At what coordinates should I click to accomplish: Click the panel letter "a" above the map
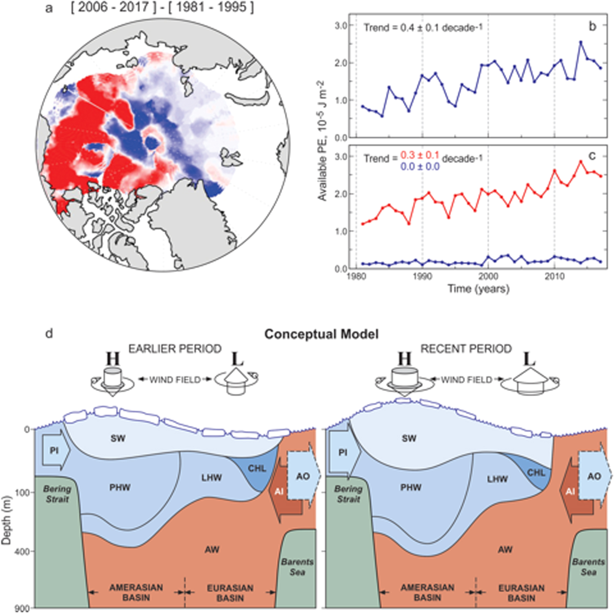[49, 8]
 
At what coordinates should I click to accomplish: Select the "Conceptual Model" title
[321, 334]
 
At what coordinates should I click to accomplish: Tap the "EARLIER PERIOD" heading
[175, 349]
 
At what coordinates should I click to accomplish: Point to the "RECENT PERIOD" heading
[466, 349]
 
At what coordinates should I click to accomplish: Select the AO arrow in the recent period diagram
[594, 476]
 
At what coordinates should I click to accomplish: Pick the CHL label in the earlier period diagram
[257, 468]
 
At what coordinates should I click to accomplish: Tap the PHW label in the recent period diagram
[411, 487]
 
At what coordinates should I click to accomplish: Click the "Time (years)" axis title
[478, 288]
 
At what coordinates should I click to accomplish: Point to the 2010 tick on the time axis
[554, 277]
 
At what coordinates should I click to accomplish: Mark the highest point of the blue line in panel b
[581, 42]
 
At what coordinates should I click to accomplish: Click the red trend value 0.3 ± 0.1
[419, 155]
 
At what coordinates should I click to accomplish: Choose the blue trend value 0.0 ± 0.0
[419, 167]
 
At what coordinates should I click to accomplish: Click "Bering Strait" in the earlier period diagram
[57, 494]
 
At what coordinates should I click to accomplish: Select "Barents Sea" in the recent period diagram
[588, 567]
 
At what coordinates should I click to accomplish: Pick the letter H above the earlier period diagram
[113, 359]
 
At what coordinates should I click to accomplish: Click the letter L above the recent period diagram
[529, 359]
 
